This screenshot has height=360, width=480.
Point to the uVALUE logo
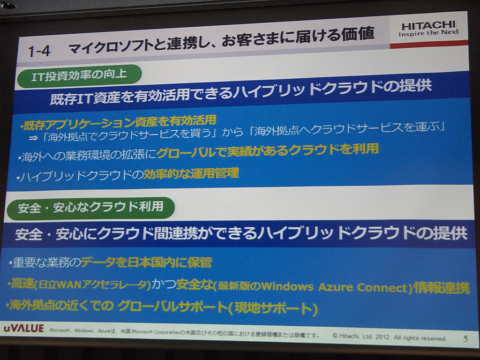click(x=23, y=328)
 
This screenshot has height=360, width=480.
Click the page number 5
click(x=465, y=339)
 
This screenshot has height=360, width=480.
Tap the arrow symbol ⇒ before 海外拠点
click(x=33, y=138)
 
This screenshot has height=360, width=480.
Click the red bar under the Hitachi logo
click(x=428, y=44)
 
